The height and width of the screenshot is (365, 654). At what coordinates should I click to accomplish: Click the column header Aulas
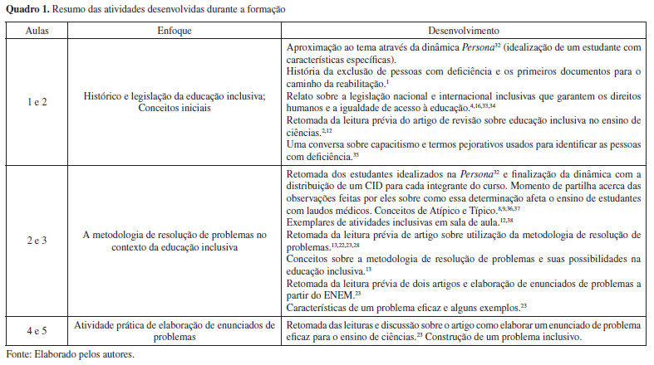pos(35,29)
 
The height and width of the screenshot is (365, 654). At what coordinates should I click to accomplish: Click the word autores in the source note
pos(116,354)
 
